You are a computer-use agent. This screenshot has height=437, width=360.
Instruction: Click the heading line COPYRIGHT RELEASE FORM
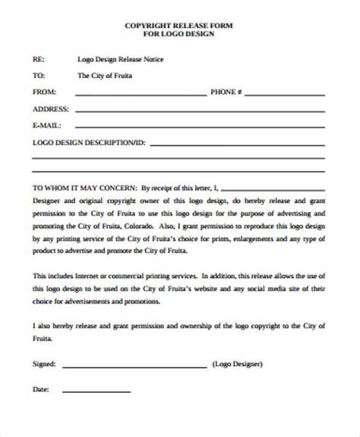(179, 27)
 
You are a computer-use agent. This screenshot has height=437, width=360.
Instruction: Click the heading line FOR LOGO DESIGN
(179, 36)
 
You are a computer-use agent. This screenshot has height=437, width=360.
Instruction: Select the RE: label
(38, 59)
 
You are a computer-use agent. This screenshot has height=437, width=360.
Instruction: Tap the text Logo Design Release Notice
(121, 59)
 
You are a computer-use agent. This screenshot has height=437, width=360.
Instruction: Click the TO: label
(39, 76)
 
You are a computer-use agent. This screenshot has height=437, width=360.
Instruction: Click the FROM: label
(43, 92)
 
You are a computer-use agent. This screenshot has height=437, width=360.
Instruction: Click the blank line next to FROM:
(140, 95)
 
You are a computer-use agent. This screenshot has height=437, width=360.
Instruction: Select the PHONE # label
(226, 92)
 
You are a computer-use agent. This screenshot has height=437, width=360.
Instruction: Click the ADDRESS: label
(50, 108)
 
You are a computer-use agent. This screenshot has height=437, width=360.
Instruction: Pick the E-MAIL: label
(46, 125)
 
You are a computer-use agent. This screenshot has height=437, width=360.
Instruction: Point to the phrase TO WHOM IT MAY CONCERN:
(83, 186)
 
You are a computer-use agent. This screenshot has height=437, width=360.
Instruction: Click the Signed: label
(45, 365)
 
